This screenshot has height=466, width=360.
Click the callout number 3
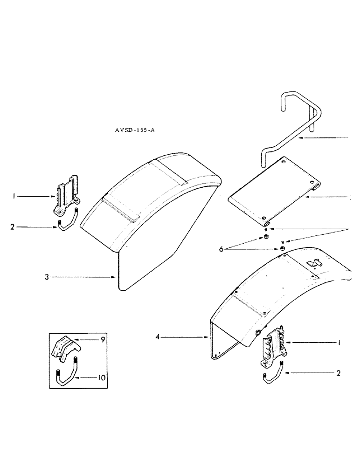coord(46,277)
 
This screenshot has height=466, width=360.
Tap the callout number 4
coord(157,336)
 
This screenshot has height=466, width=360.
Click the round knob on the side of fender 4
coord(257,332)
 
